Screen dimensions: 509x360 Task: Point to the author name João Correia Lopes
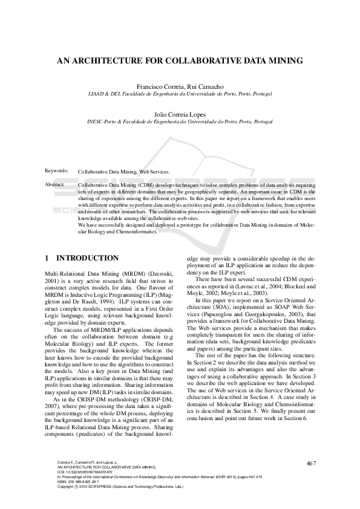tap(180, 113)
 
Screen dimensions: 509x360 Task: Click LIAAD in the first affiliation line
tap(97, 94)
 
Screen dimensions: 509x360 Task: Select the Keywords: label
tap(57, 171)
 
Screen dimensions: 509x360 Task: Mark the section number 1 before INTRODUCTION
tap(47, 258)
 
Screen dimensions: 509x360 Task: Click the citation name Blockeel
tap(296, 285)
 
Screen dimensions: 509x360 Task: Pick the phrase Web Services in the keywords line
tap(155, 172)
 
